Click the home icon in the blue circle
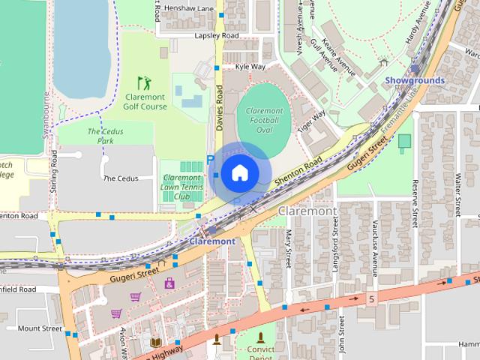point(239,172)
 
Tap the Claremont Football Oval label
point(264,121)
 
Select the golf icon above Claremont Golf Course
point(143,82)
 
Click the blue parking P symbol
point(209,160)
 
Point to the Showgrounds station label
point(415,80)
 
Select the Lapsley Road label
point(216,36)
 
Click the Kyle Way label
point(250,67)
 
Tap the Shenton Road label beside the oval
point(297,171)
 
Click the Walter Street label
point(457,194)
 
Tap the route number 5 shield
point(371,299)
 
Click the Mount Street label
point(39,328)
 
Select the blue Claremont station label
point(212,241)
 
